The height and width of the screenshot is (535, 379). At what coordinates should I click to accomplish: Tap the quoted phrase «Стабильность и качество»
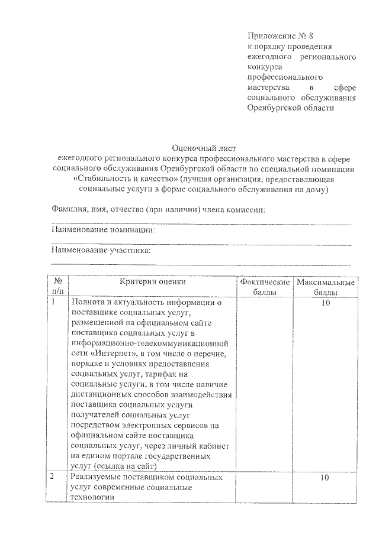126,179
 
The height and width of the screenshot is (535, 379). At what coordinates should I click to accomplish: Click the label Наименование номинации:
103,230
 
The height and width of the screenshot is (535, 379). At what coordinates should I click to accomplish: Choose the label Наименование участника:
101,250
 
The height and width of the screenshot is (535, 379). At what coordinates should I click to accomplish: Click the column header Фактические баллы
265,287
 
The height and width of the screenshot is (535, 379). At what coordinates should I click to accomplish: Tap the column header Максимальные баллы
326,287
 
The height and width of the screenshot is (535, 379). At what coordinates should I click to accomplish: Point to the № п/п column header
58,287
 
